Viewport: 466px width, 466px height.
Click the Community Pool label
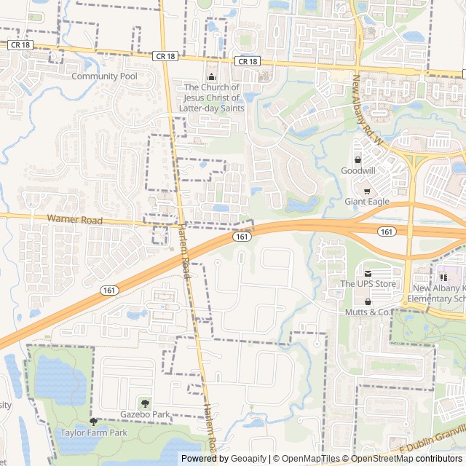click(104, 76)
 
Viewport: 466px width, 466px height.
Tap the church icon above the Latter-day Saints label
click(212, 77)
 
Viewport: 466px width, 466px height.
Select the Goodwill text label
click(358, 170)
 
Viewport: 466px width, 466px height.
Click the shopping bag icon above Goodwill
click(358, 160)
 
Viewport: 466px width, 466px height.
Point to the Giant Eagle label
click(367, 202)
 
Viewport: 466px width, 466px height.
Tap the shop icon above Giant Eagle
click(367, 191)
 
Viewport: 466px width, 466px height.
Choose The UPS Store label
click(368, 283)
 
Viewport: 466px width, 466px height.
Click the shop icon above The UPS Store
click(368, 273)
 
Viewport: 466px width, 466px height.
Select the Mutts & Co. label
click(368, 312)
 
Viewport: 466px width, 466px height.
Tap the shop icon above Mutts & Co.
click(368, 301)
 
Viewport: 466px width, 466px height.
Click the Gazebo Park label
click(145, 415)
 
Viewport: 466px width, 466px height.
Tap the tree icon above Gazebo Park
click(145, 404)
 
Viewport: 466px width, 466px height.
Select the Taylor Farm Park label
click(93, 433)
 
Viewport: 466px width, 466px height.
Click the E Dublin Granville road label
click(430, 444)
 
